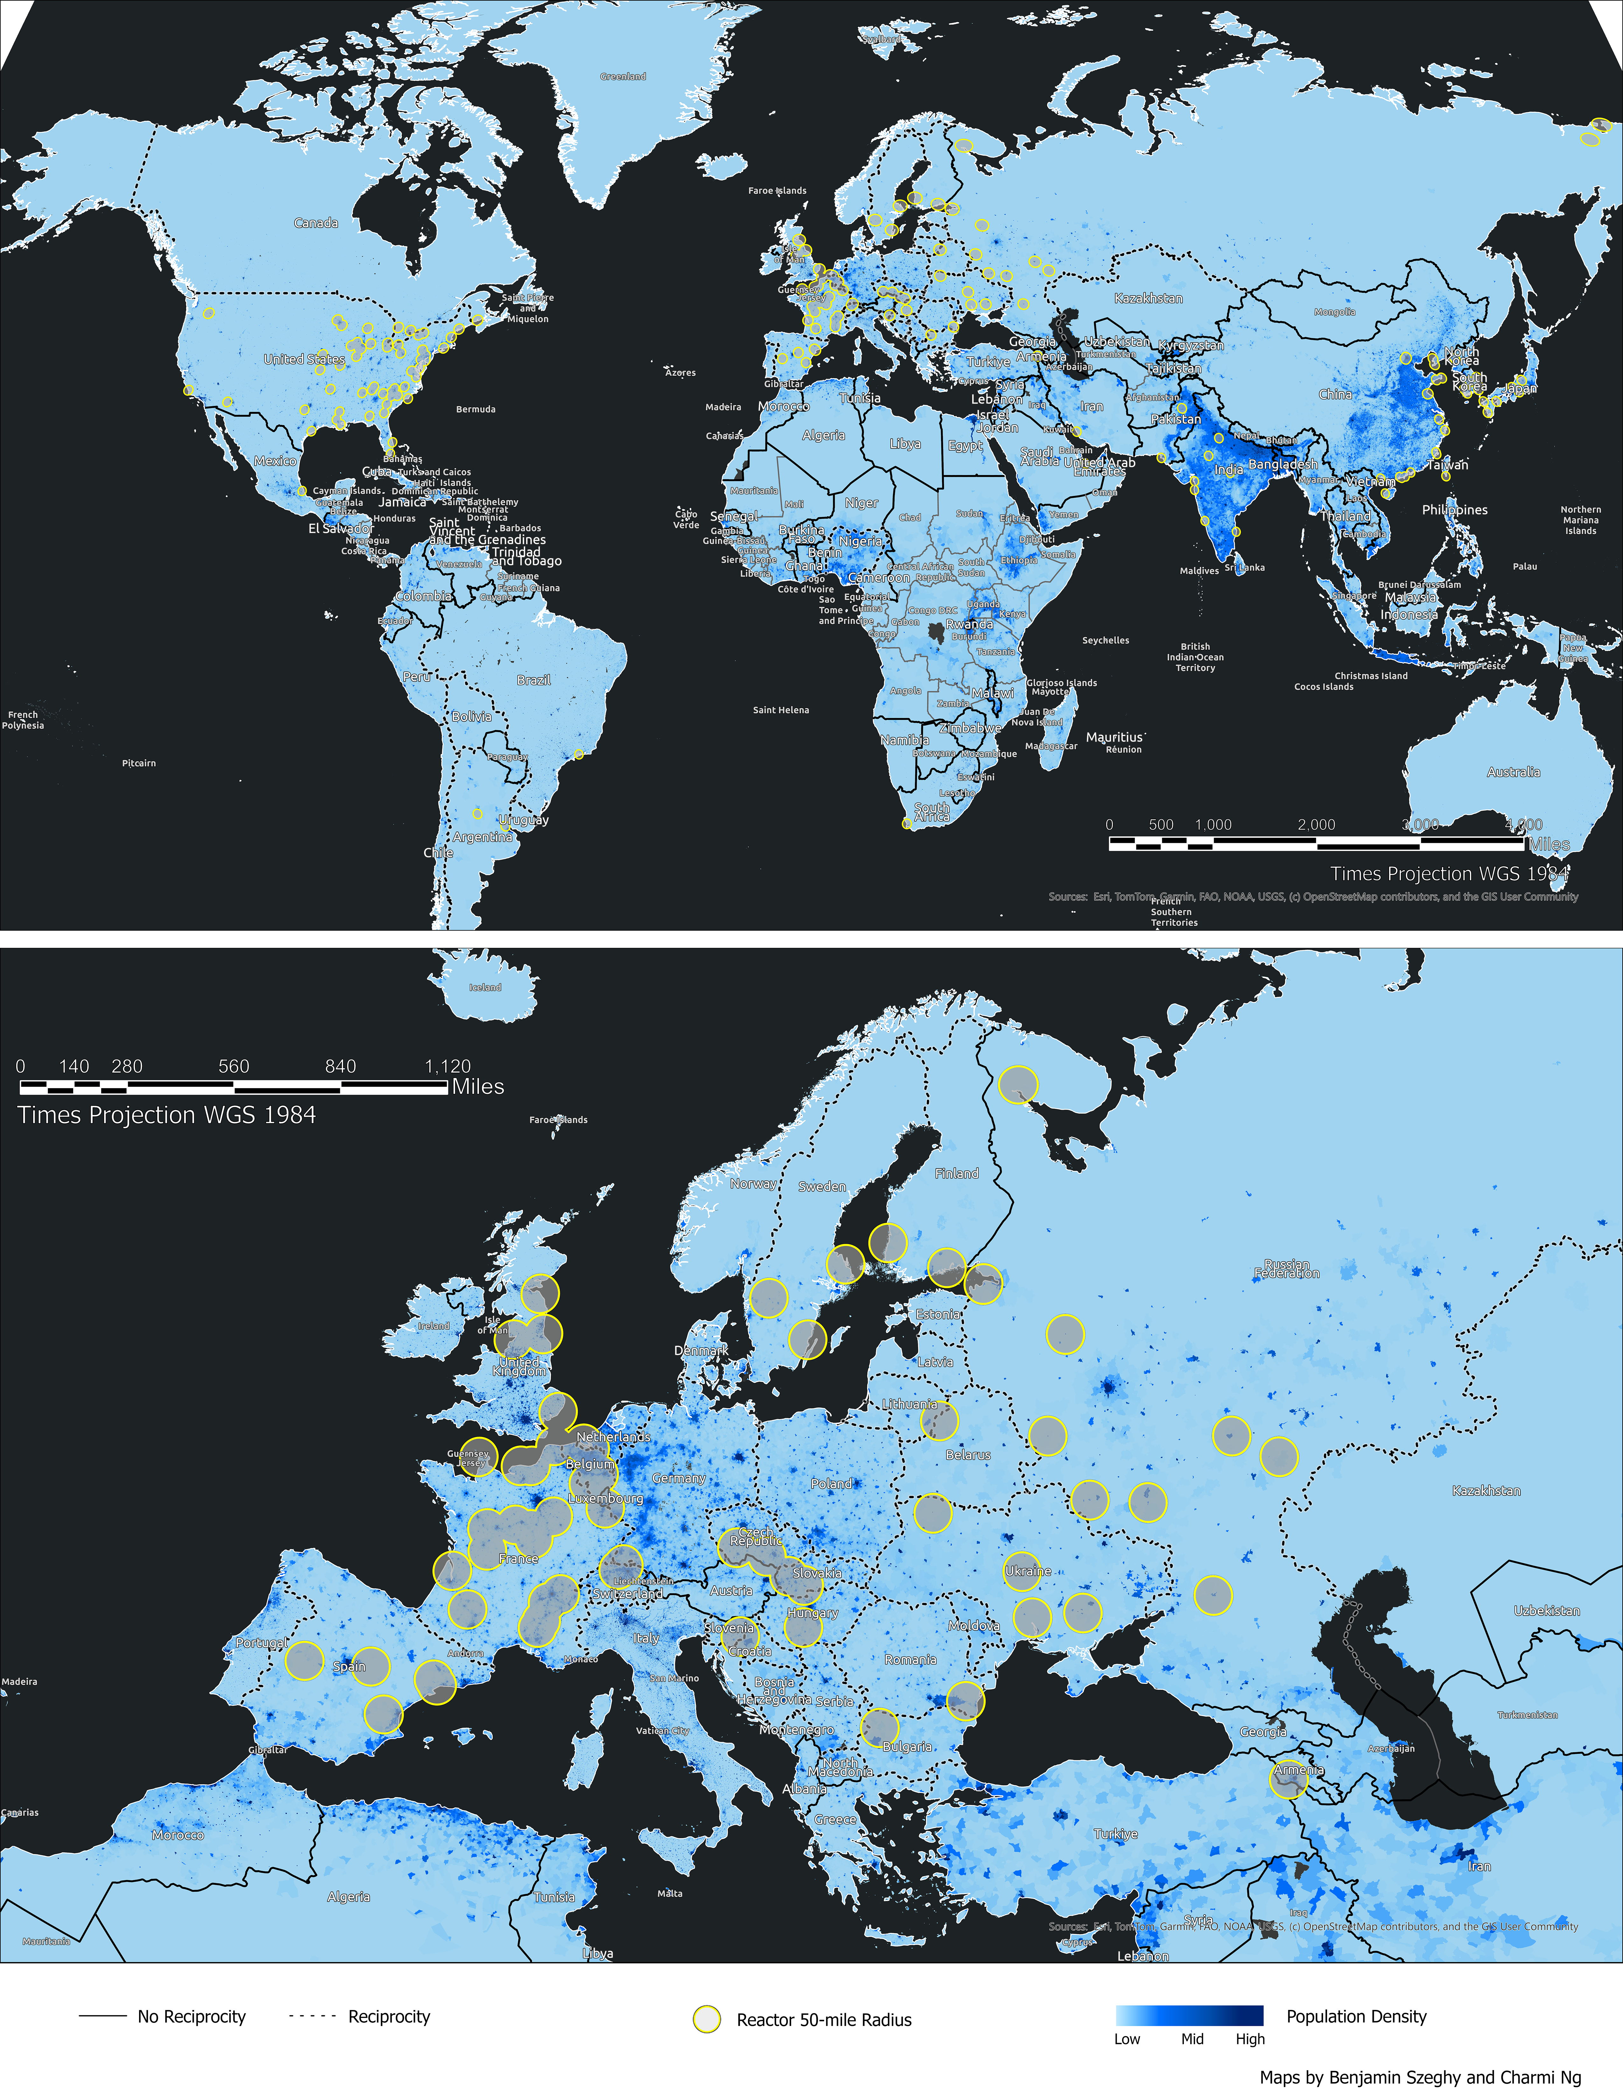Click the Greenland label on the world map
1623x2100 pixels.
(623, 76)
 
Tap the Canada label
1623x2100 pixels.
(315, 223)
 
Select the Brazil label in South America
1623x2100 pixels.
(534, 680)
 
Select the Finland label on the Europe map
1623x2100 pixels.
(957, 1173)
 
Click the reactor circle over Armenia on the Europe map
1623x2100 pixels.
(1289, 1780)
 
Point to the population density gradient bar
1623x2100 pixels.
(1189, 2015)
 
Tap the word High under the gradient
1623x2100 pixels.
(1250, 2039)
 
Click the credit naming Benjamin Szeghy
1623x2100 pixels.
(1420, 2077)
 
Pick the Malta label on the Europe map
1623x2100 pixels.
(670, 1893)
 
